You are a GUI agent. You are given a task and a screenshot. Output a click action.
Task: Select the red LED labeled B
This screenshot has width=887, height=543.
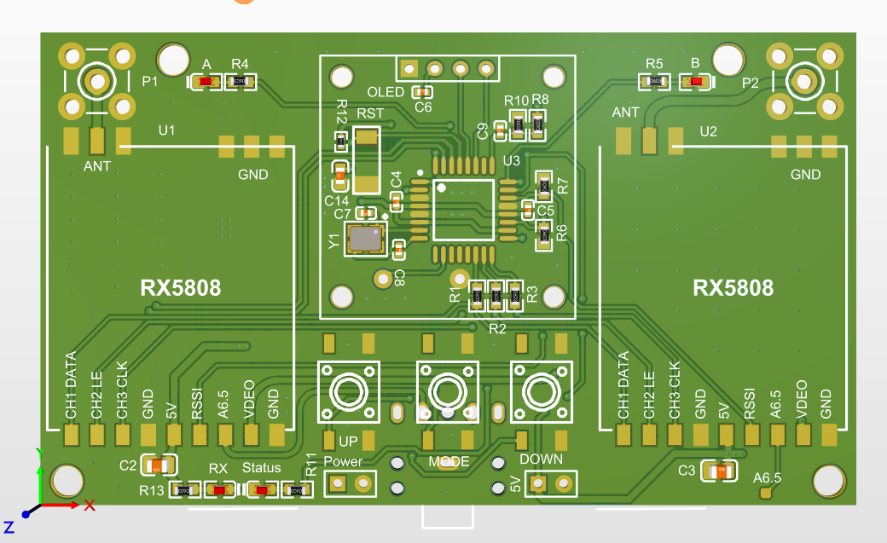[x=696, y=82]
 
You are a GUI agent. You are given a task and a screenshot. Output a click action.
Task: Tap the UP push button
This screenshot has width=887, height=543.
[x=348, y=392]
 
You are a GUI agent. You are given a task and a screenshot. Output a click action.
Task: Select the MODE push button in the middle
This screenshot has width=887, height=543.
[x=445, y=392]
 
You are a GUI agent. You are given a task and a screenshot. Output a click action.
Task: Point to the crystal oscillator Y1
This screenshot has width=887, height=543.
[x=366, y=240]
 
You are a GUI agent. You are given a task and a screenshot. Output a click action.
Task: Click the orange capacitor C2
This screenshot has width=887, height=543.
[x=158, y=465]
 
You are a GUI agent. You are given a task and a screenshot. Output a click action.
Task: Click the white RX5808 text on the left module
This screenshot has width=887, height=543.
[x=181, y=288]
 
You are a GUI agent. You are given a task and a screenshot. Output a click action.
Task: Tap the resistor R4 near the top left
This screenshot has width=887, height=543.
[x=241, y=82]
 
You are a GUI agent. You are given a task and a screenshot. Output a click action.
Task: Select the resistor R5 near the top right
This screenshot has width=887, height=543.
[x=655, y=82]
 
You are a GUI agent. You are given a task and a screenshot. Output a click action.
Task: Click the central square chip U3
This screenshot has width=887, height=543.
[x=463, y=209]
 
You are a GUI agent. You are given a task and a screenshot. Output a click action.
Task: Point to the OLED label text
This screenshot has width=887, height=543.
[x=386, y=91]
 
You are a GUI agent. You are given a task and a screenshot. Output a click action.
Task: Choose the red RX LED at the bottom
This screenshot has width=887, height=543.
[x=220, y=490]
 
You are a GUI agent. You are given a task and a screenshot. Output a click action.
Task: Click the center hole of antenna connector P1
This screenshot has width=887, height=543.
[x=96, y=82]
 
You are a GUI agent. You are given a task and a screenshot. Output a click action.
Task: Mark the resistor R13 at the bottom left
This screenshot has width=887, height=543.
[x=184, y=490]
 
